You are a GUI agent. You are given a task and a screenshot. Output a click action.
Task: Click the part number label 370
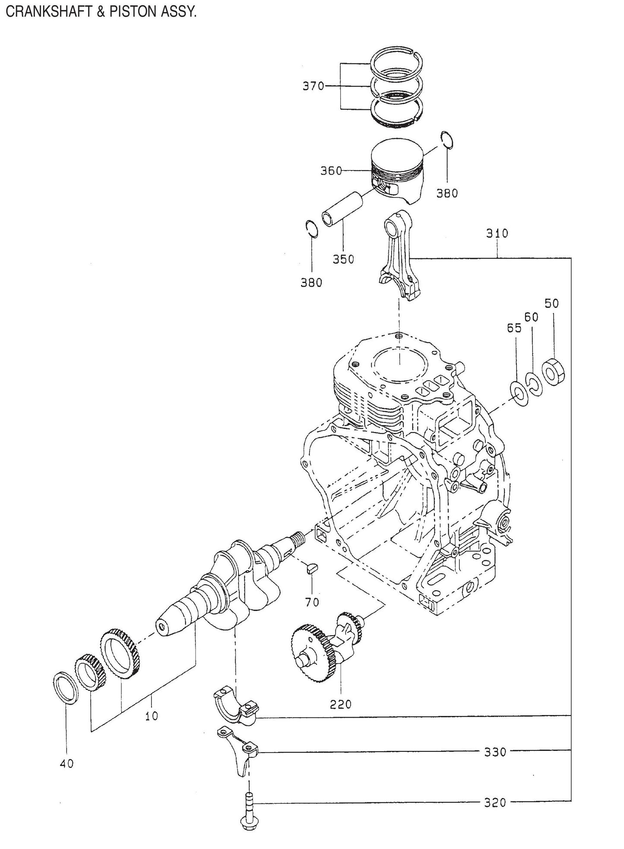(313, 86)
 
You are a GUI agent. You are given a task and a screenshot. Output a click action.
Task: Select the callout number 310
(497, 234)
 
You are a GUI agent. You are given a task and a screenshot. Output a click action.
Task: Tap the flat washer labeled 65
(517, 389)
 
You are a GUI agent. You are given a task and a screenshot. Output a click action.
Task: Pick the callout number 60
(531, 317)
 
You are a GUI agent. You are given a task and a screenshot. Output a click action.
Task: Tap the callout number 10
(151, 716)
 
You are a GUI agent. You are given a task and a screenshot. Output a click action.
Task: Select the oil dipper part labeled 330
(239, 752)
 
